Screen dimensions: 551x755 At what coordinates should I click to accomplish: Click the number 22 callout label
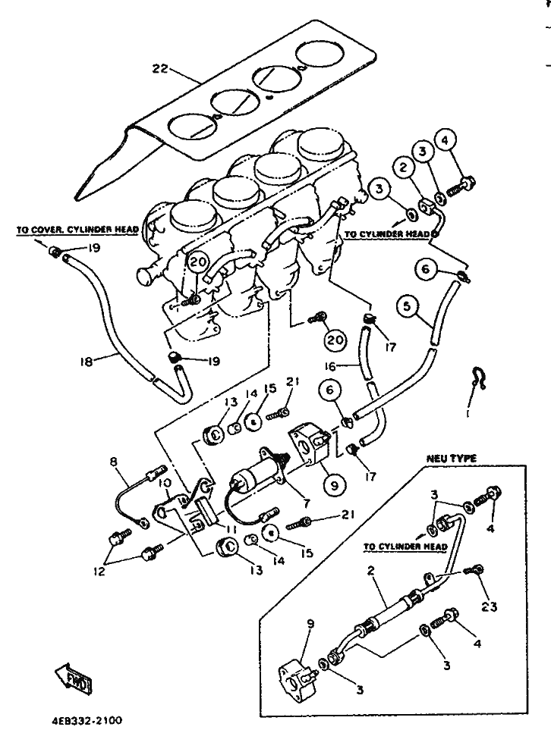[x=161, y=69]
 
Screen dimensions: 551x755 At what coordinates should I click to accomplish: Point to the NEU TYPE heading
[x=452, y=459]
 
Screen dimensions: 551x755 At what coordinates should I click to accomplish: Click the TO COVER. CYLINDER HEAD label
[x=77, y=230]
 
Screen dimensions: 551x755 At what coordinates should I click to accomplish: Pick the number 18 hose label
[x=87, y=361]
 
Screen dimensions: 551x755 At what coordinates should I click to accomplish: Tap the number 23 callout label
[x=489, y=606]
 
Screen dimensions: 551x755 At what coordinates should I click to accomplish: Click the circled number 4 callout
[x=445, y=140]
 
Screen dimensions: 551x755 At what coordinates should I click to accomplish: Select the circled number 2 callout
[x=404, y=168]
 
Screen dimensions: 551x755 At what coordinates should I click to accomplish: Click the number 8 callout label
[x=113, y=462]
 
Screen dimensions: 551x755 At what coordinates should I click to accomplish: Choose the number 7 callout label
[x=307, y=503]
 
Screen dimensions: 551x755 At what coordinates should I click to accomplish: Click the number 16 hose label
[x=329, y=367]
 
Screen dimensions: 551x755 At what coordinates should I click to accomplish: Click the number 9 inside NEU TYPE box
[x=310, y=624]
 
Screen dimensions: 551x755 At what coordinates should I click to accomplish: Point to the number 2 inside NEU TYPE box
[x=370, y=571]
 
